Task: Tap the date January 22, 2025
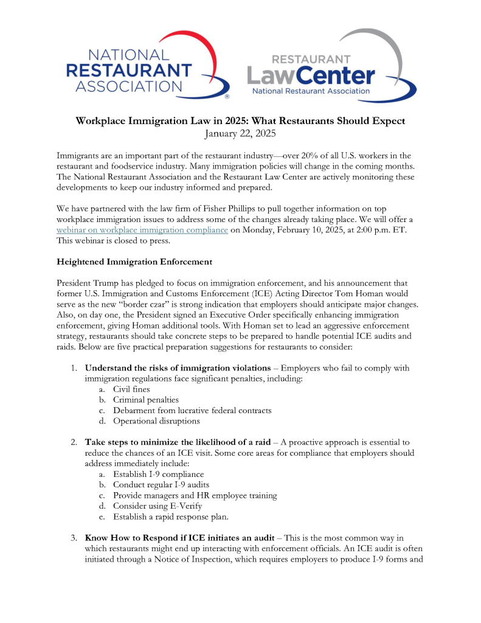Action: pyautogui.click(x=240, y=133)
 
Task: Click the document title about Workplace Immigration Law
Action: pyautogui.click(x=240, y=120)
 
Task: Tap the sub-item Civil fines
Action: pyautogui.click(x=131, y=389)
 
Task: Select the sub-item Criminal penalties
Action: pyautogui.click(x=145, y=400)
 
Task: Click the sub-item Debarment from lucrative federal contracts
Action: pyautogui.click(x=192, y=410)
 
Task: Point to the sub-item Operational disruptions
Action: pyautogui.click(x=156, y=421)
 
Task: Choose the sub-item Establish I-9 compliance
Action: pyautogui.click(x=158, y=474)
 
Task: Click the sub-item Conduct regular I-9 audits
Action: pyautogui.click(x=160, y=485)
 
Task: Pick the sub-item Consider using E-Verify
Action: pyautogui.click(x=157, y=506)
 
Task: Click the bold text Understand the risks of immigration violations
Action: pyautogui.click(x=178, y=367)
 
